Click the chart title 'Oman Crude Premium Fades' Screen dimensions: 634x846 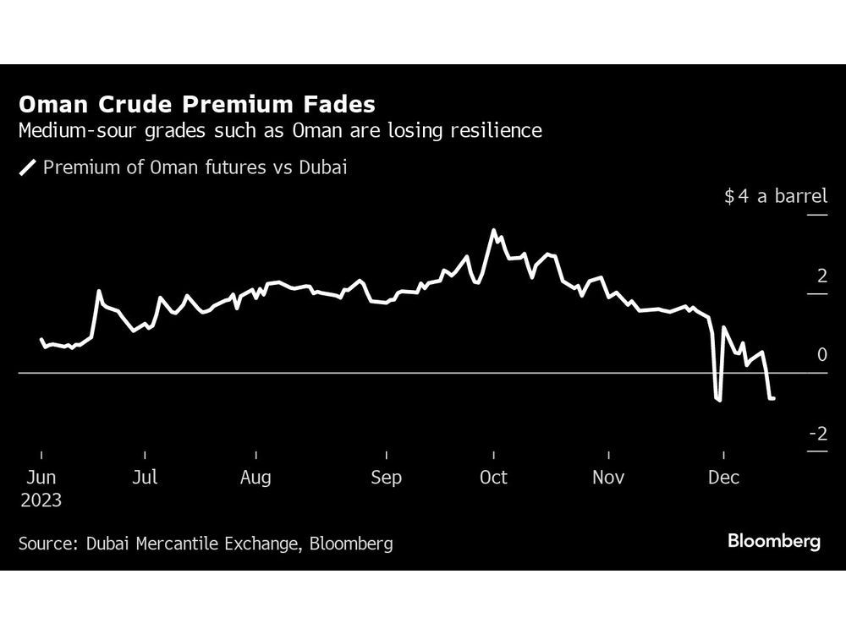click(x=197, y=105)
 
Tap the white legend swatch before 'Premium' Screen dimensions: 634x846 click(x=28, y=167)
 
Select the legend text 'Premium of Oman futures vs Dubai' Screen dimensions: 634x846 click(x=195, y=167)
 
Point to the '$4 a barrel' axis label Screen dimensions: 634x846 click(x=775, y=197)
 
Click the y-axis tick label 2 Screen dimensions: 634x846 click(x=821, y=276)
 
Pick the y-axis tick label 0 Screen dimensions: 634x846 click(x=821, y=355)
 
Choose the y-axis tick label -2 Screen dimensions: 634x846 click(x=818, y=434)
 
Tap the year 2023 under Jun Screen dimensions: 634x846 click(x=41, y=500)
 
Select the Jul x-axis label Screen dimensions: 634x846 click(x=145, y=478)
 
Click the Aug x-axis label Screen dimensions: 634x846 click(x=255, y=478)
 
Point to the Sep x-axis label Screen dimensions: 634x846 click(x=386, y=478)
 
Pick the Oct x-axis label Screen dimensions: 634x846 click(x=493, y=478)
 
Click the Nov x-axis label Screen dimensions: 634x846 click(x=608, y=478)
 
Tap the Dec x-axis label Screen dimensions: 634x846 click(x=723, y=478)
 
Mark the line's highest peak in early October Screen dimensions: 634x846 click(x=494, y=230)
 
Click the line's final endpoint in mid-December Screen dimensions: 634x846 click(x=774, y=398)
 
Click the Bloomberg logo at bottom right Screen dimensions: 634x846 click(x=774, y=541)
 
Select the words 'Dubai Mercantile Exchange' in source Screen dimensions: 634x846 click(x=192, y=544)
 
